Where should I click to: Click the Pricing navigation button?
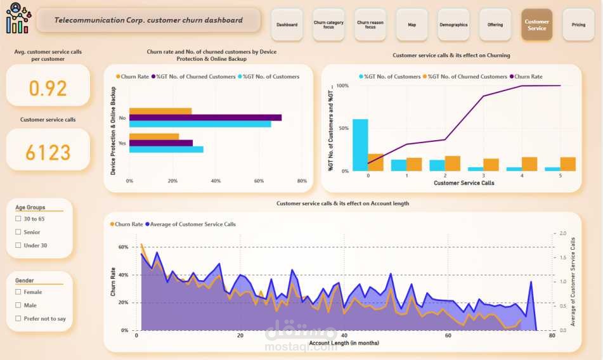point(578,25)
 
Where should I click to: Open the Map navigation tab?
point(412,25)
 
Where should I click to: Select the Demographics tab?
point(453,25)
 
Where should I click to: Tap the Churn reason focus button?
point(370,25)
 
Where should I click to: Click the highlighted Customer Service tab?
point(536,25)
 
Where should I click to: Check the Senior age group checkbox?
point(18,232)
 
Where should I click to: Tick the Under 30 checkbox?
point(18,245)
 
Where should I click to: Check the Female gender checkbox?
point(18,292)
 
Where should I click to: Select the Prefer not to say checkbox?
point(18,319)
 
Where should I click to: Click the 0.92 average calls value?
point(48,88)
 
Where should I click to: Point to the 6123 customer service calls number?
point(48,152)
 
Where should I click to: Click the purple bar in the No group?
point(205,117)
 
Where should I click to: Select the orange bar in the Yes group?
point(153,136)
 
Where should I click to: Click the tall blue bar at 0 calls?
point(360,145)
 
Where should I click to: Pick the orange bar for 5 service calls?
point(568,164)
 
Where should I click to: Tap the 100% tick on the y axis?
point(342,86)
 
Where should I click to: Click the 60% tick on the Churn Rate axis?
point(123,247)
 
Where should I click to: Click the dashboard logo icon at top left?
point(17,18)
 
